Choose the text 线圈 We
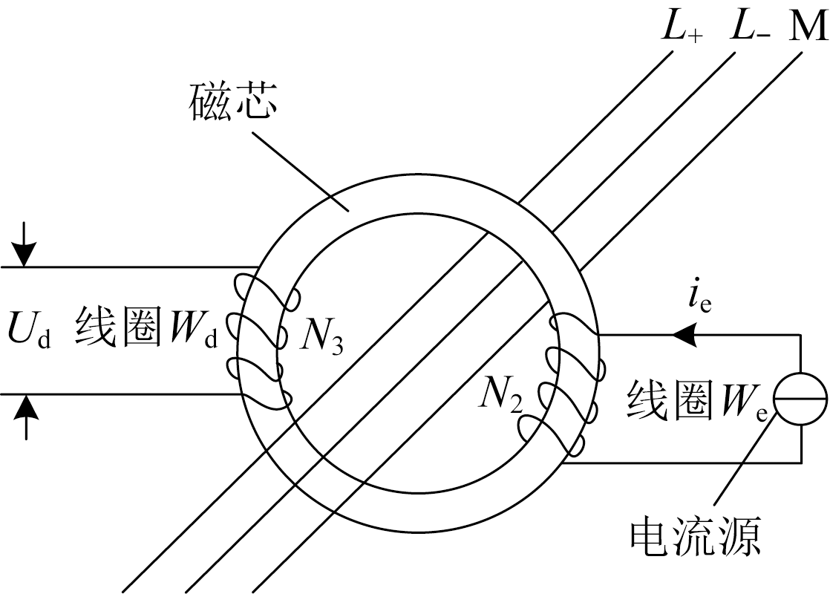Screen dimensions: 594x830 pos(698,402)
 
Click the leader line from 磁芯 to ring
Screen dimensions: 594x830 pos(297,167)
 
